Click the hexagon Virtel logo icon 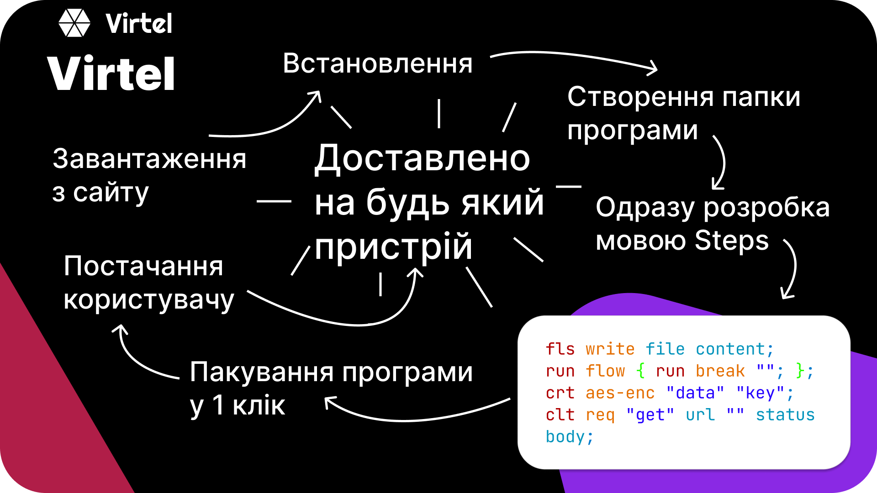coord(74,23)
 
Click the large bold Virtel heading coord(111,74)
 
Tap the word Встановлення coord(377,63)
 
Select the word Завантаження coord(149,159)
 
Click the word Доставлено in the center coord(422,158)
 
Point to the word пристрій coord(393,247)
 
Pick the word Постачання coord(143,266)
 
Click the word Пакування coord(262,372)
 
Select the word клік coord(259,405)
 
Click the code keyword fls coord(560,349)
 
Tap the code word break coord(720,371)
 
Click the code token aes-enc coord(620,393)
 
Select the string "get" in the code coord(650,415)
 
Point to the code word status coord(785,415)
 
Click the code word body coord(565,437)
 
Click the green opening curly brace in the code coord(640,371)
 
